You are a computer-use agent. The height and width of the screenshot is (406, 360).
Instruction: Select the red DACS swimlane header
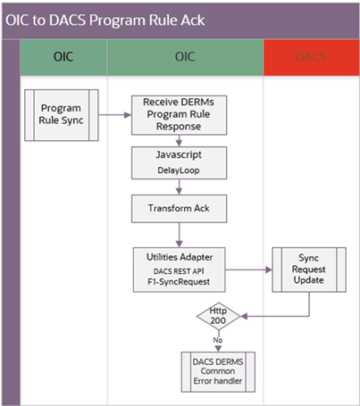pos(310,57)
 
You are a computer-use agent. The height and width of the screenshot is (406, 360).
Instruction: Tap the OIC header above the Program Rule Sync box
pos(63,57)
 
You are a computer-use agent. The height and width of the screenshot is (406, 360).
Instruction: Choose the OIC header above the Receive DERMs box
pos(185,57)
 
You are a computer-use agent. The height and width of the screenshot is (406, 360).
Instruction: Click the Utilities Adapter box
pos(180,266)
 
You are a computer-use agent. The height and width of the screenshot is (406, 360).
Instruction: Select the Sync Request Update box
pos(309,268)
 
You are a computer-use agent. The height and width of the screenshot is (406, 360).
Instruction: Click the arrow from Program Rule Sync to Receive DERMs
pos(112,114)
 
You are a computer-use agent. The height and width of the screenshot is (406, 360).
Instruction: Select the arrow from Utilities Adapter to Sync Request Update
pos(250,267)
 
